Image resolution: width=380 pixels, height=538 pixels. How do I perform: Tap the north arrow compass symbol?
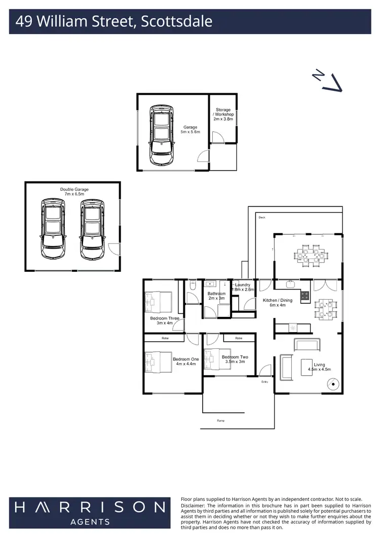[x=329, y=81]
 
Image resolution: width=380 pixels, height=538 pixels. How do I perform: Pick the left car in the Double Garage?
[x=53, y=229]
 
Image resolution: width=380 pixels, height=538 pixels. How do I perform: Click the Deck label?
[x=262, y=218]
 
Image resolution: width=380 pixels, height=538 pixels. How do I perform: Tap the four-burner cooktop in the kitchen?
[x=306, y=296]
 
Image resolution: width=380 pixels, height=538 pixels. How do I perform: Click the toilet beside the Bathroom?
[x=192, y=287]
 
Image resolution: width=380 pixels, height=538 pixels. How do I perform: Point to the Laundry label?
[x=242, y=285]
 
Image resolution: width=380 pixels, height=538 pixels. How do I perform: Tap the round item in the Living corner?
[x=333, y=384]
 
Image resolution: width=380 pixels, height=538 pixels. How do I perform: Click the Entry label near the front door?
[x=264, y=382]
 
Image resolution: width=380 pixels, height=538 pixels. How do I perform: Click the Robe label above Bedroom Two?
[x=238, y=338]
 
